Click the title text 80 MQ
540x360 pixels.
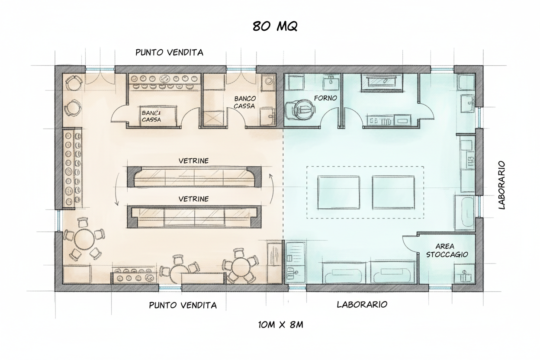275,26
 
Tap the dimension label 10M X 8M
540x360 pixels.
281,325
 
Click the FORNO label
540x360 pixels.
325,98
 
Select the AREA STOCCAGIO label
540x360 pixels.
447,250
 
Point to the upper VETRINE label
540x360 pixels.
193,161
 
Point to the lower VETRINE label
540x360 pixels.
193,199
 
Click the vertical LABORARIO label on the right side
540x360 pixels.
501,185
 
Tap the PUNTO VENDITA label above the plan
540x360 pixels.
169,52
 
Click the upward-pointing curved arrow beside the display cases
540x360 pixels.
273,189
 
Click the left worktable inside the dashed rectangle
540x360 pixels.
338,192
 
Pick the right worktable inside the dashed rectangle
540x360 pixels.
393,192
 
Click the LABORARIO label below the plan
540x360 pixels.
362,305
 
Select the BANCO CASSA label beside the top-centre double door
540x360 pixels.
245,102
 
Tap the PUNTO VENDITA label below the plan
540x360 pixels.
183,305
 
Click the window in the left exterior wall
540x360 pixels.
59,221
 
